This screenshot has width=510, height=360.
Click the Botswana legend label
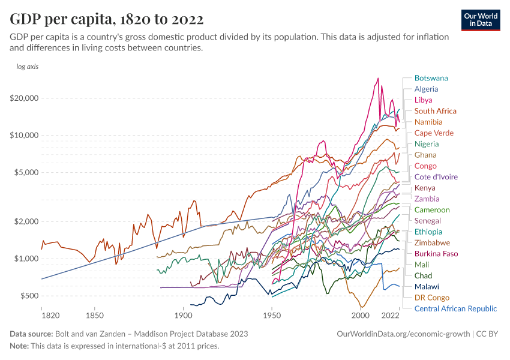tap(431, 78)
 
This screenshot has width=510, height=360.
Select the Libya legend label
tap(423, 100)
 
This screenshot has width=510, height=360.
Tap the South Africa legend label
tap(435, 111)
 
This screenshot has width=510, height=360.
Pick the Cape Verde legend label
tap(434, 133)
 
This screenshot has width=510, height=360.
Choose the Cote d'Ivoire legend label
tap(436, 177)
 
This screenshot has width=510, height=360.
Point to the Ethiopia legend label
tap(428, 232)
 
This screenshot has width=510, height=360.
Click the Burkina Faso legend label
tap(436, 254)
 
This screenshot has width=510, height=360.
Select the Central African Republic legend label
tap(455, 308)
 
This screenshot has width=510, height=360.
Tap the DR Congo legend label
tap(431, 298)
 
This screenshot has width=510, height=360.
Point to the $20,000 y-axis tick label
tap(24, 98)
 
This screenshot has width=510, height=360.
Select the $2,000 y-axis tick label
tap(26, 221)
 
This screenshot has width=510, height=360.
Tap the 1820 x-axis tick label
tap(42, 315)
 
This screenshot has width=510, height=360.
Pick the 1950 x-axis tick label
tap(272, 315)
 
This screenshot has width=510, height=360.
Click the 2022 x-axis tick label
tap(391, 315)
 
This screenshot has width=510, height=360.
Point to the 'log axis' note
tap(27, 67)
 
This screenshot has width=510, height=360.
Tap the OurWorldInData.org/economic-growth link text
tap(403, 334)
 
